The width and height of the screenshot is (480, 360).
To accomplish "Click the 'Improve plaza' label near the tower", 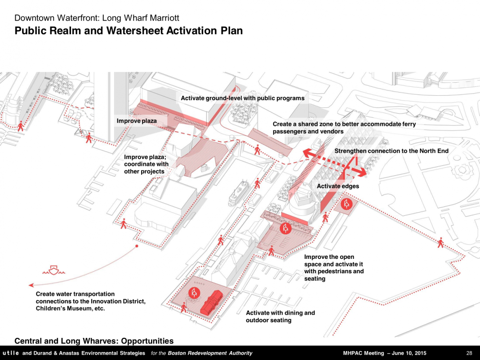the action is coord(137,121).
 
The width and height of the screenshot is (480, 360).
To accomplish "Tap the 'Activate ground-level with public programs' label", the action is coord(242,98).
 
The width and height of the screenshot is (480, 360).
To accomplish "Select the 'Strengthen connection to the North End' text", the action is coord(391,151).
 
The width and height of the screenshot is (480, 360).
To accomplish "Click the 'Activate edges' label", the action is coord(338,186).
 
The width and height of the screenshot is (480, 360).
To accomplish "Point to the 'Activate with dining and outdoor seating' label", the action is coord(280,316).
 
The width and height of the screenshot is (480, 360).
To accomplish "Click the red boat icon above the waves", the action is coord(54,270).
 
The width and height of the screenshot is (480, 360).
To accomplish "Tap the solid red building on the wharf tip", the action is coord(212,302).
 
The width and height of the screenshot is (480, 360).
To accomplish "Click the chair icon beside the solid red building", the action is coord(194,293).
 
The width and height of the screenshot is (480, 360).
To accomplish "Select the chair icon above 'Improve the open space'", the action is coord(285,228).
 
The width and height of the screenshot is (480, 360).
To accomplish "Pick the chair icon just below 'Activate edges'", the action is coord(347,204).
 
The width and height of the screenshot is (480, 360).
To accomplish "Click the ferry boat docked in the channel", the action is coord(239,193).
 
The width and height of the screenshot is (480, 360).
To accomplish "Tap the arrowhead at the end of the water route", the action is coord(31,285).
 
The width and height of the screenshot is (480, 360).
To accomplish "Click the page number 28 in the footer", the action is coord(469,353).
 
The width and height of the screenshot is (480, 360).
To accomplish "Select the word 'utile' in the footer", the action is coord(11,353).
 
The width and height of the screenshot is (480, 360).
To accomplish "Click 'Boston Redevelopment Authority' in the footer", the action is coord(210,353).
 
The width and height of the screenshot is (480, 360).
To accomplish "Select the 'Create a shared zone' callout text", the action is coord(344,128).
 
